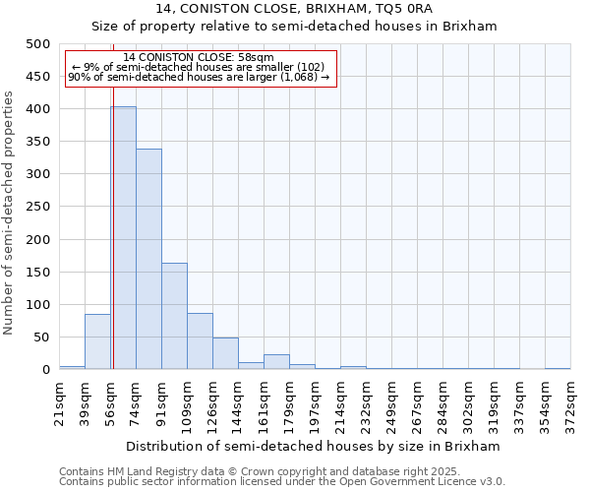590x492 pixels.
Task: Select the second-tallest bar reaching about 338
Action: (148, 259)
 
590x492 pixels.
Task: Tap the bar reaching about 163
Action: (174, 316)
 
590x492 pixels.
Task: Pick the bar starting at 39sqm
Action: (97, 341)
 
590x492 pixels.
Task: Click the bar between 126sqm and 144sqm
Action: (225, 353)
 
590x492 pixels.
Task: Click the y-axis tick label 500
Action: (37, 44)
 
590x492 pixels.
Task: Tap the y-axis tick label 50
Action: (41, 338)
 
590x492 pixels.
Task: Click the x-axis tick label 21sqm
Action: (59, 399)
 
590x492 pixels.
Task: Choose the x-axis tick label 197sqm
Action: (315, 400)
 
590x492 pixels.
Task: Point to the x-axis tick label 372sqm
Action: (570, 400)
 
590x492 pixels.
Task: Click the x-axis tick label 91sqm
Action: (161, 399)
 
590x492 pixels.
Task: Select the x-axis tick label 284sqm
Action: (442, 400)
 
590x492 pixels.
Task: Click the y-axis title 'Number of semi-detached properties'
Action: (9, 213)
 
